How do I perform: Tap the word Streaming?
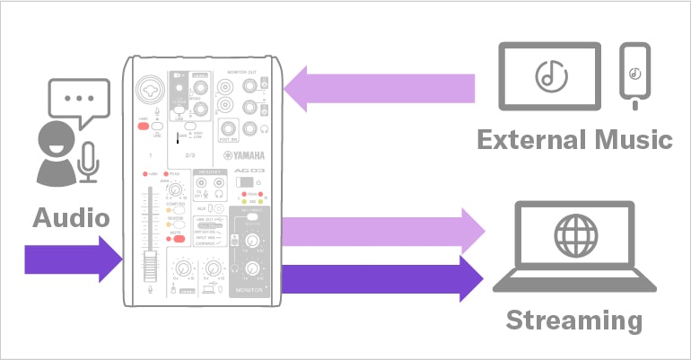click(x=573, y=320)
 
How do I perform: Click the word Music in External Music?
click(x=629, y=140)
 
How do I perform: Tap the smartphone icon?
click(x=635, y=76)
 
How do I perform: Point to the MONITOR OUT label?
click(x=247, y=70)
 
